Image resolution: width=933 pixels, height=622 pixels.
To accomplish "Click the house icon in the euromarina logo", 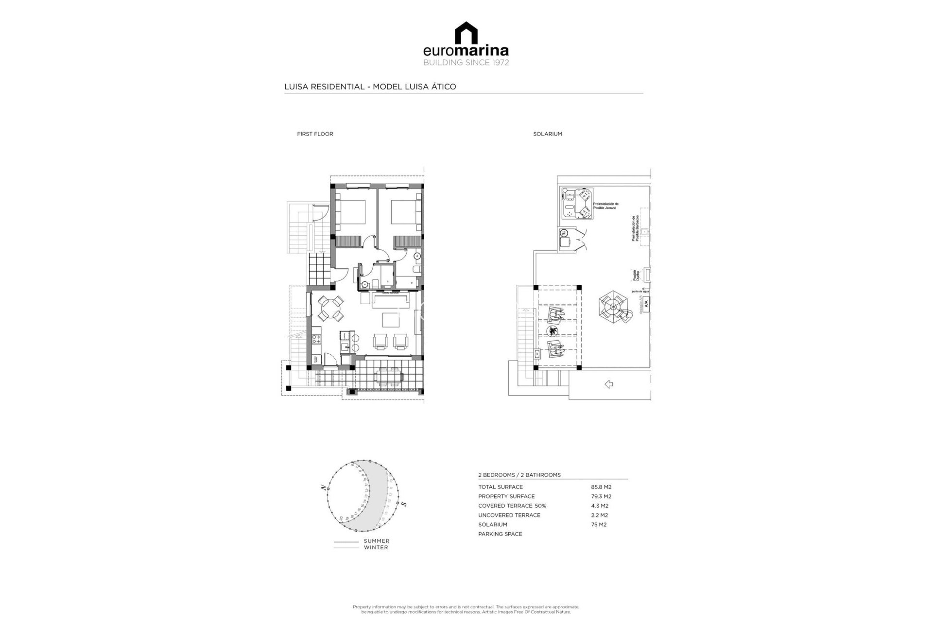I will (466, 33).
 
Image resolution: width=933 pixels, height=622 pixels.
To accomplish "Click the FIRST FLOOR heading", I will (315, 134).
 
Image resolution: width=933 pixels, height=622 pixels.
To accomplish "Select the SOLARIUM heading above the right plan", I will (547, 134).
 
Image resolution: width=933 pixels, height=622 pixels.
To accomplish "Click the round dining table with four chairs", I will (330, 308).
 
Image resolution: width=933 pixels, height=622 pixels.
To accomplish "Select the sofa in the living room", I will (392, 300).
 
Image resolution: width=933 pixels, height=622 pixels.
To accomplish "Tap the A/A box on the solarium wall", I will (646, 303).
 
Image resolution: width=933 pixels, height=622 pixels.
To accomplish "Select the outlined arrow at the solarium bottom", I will (608, 384).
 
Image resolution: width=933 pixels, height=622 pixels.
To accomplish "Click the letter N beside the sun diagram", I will (323, 487).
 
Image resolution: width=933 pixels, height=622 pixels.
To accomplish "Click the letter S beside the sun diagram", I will (404, 504).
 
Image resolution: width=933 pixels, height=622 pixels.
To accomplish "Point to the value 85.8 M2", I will (601, 487).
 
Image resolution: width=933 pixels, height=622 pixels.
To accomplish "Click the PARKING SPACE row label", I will (500, 534).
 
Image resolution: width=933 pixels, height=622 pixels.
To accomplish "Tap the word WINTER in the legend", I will (376, 548).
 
